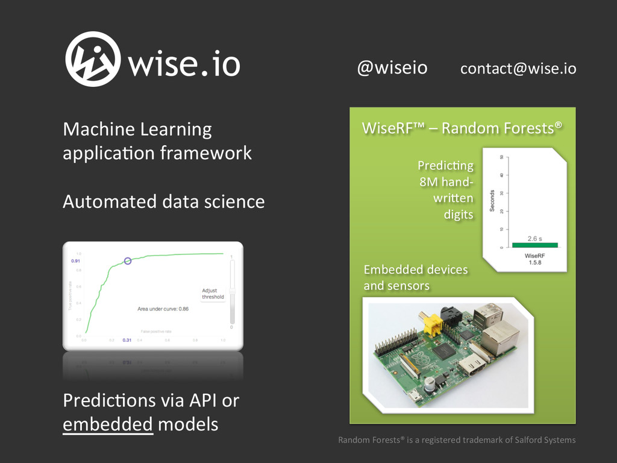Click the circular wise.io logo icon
92,59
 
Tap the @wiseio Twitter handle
392,68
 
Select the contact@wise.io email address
518,69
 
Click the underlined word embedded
108,424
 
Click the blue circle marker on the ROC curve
128,260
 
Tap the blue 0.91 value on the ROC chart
76,262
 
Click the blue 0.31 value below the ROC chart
127,341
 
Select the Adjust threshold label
212,294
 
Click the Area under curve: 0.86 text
163,309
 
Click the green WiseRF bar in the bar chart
534,245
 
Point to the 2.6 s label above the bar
534,238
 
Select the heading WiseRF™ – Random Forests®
462,128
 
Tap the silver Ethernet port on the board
500,337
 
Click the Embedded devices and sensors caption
416,277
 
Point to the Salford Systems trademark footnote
456,440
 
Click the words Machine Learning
137,129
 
